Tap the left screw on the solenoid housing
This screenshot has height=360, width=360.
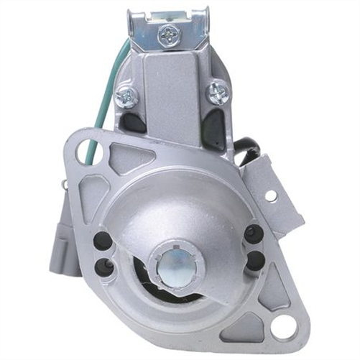[x=126, y=96]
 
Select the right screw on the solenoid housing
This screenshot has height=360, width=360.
[x=216, y=91]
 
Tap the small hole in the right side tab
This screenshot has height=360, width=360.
[x=271, y=195]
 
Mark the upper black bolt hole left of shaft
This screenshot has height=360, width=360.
[x=103, y=241]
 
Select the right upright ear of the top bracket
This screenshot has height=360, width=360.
[x=203, y=22]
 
